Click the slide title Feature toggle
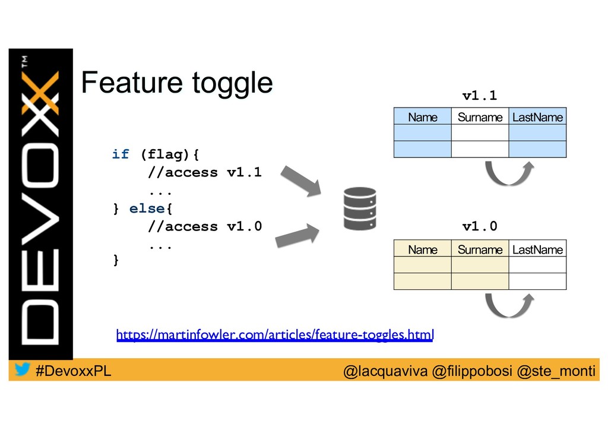click(x=176, y=83)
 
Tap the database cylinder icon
click(x=360, y=208)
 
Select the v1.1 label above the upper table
click(x=479, y=96)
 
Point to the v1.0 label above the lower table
click(x=479, y=226)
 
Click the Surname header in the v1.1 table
click(x=480, y=117)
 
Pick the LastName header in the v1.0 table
click(x=537, y=249)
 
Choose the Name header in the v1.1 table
click(x=422, y=117)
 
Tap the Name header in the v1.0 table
click(x=422, y=249)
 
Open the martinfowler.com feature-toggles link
click(x=275, y=336)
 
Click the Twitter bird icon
click(x=23, y=370)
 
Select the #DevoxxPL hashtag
click(x=73, y=371)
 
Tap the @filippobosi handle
click(x=472, y=371)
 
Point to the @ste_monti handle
click(x=556, y=371)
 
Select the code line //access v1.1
click(x=204, y=173)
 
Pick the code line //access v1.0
click(x=204, y=226)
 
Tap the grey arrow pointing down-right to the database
click(x=301, y=181)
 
